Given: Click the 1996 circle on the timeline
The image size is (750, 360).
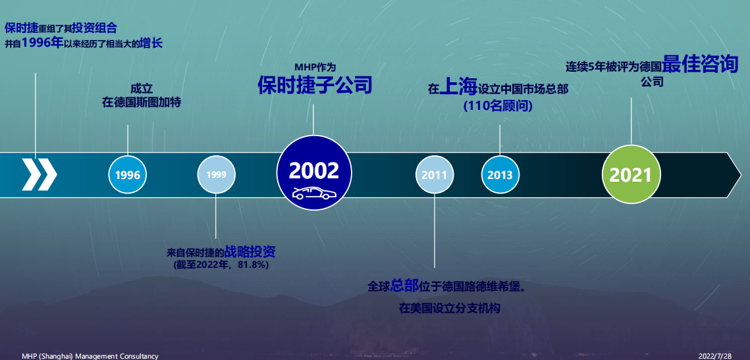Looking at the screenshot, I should [x=128, y=175].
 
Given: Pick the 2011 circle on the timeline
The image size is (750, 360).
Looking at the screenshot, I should [x=435, y=175].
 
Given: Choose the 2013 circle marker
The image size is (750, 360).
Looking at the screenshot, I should [x=500, y=175].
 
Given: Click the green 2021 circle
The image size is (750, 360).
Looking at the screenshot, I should [x=630, y=174].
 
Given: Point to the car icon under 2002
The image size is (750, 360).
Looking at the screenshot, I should [x=313, y=193].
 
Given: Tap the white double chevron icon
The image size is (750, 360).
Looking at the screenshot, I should [x=40, y=174].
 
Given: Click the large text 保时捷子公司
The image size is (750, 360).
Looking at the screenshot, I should [x=315, y=85].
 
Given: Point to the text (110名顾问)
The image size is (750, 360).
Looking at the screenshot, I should [x=498, y=105].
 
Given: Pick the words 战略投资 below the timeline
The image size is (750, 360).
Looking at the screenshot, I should [x=250, y=251].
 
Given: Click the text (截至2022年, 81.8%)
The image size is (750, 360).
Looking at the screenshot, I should [x=221, y=265].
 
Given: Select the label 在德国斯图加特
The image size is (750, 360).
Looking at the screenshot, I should [x=142, y=102].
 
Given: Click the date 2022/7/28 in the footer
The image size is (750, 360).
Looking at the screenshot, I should [x=715, y=355].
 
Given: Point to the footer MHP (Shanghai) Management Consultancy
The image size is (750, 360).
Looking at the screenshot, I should [x=90, y=355].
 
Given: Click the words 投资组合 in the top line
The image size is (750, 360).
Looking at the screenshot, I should [x=95, y=28].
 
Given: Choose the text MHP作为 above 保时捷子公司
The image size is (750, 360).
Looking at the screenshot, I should [x=315, y=67].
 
